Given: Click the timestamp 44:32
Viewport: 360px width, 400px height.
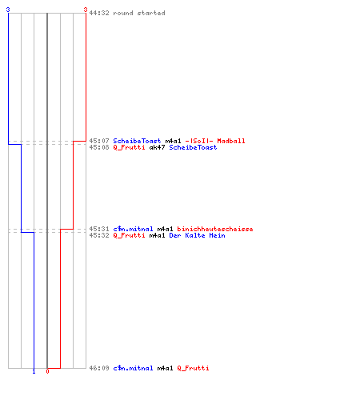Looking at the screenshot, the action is pos(99,13).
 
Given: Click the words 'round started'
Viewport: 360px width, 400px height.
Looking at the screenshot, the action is pos(139,13).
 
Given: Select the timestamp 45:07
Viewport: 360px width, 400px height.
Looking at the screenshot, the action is pos(99,141).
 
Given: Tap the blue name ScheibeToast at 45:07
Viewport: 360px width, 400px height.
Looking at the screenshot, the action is pos(137,141).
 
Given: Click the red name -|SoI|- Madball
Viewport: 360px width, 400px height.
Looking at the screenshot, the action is pos(215,141).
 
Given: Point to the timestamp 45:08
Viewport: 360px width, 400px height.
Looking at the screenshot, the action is pos(99,147).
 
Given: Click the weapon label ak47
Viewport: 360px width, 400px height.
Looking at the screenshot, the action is pos(157,147).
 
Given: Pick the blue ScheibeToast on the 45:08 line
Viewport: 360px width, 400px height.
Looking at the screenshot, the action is pos(193,147).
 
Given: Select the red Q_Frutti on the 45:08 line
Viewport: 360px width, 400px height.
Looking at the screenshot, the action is pos(129,147).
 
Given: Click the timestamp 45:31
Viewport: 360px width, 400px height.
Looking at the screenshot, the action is pos(99,229).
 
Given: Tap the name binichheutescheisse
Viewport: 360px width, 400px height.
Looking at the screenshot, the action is pos(215,229).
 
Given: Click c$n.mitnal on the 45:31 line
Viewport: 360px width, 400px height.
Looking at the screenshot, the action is pos(133,229).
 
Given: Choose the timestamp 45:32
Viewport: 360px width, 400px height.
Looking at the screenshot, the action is pos(99,235).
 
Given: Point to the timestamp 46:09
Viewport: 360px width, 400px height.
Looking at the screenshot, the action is pos(99,368).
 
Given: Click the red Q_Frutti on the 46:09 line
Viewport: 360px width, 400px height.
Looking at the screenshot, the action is pos(193,368).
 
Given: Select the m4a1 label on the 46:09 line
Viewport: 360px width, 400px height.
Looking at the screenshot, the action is pos(165,368).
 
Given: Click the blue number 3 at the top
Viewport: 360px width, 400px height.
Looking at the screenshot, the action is pos(8,10).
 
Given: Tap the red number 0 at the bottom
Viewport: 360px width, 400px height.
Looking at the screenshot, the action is pos(47,371).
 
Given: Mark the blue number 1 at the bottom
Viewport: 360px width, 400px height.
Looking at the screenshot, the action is pos(34,371).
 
